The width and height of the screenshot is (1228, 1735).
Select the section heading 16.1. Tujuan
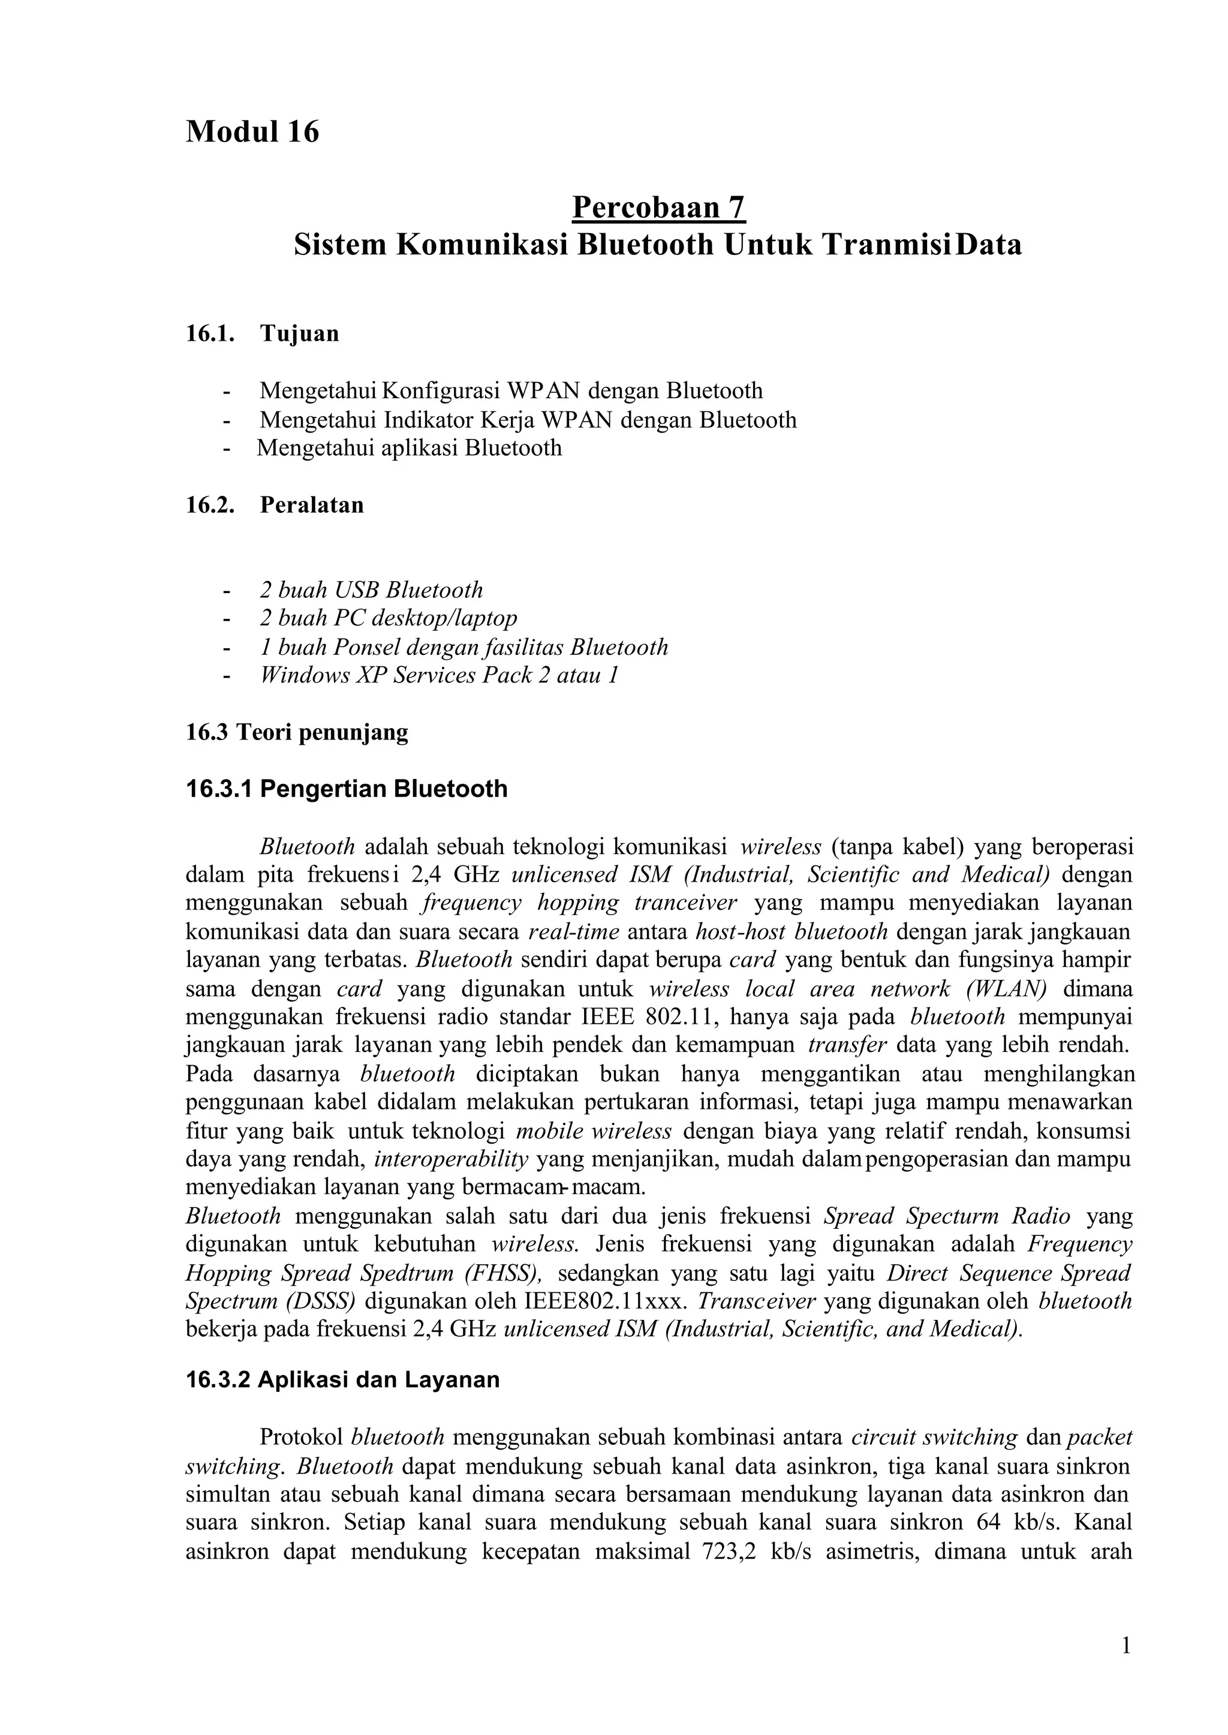(263, 333)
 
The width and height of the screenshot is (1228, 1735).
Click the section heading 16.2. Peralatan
(275, 504)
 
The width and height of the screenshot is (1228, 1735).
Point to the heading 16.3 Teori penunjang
(297, 732)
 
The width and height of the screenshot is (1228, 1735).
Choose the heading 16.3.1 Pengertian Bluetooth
(347, 789)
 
